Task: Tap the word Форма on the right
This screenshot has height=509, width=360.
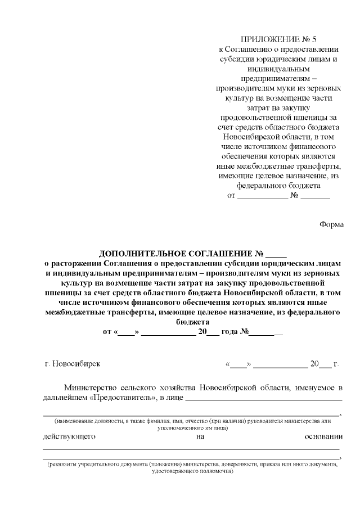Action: coord(331,224)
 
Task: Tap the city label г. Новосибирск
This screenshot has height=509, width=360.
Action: coord(73,363)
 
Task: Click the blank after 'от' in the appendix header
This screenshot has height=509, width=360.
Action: coord(262,196)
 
